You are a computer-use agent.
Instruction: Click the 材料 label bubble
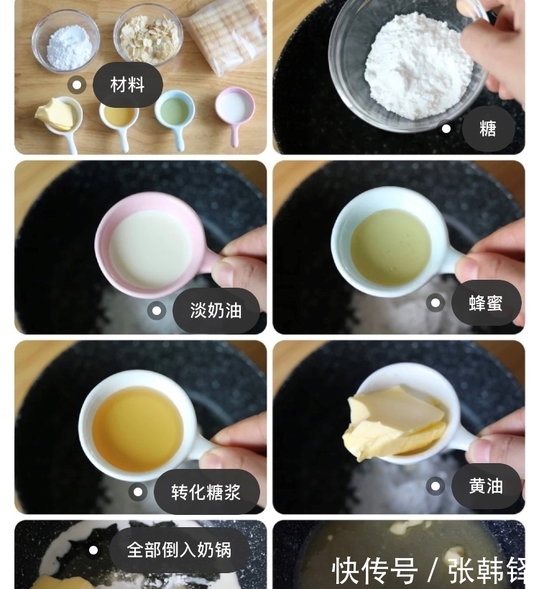click(x=127, y=85)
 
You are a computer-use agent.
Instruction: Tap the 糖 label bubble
click(x=488, y=129)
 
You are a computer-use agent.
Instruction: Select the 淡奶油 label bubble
click(x=215, y=311)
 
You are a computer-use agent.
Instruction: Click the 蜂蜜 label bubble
click(x=486, y=303)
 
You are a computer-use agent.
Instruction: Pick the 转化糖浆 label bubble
click(x=206, y=492)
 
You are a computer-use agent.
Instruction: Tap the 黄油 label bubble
click(x=486, y=486)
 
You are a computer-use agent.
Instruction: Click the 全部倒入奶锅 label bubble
click(x=179, y=550)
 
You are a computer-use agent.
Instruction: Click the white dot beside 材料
click(x=77, y=85)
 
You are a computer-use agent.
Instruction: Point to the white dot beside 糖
click(x=446, y=129)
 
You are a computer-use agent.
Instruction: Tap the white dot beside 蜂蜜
click(x=436, y=303)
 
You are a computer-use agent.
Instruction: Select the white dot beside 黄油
click(x=436, y=486)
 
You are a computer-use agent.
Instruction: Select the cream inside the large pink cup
click(x=151, y=248)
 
